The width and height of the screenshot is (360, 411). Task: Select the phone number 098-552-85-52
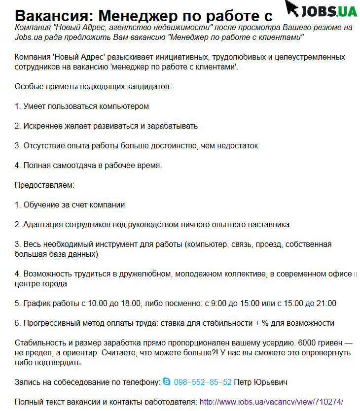203,382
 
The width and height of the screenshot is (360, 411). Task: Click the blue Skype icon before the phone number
167,382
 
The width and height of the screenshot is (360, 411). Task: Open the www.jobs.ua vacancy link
271,402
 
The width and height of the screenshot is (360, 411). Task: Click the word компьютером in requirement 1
124,106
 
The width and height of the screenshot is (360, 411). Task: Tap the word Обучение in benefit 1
41,205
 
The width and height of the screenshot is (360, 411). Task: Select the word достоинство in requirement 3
187,145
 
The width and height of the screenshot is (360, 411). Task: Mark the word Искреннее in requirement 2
42,126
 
